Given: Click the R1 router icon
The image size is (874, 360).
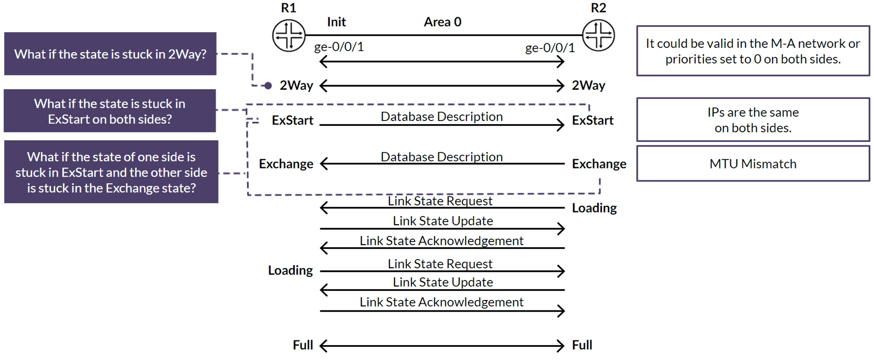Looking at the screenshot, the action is click(x=289, y=35).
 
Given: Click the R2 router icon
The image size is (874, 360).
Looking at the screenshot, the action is click(x=599, y=35).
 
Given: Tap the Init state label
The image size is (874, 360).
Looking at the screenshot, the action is click(x=336, y=22).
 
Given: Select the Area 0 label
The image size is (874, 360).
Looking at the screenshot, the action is click(x=442, y=22).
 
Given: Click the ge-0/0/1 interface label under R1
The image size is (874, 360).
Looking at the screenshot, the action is click(x=339, y=47).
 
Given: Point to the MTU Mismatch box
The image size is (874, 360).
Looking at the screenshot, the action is click(x=753, y=164).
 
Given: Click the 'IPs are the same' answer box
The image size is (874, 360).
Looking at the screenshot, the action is click(x=753, y=120).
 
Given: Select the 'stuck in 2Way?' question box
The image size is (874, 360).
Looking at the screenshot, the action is click(x=110, y=54).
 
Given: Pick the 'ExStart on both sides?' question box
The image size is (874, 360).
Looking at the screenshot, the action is click(x=110, y=111).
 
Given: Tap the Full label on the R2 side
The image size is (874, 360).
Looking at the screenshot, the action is click(x=582, y=345).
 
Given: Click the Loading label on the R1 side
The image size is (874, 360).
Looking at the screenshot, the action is click(x=290, y=270).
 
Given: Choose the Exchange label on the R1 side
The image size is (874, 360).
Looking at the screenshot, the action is click(x=286, y=164).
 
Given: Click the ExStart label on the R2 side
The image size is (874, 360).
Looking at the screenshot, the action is click(x=593, y=120).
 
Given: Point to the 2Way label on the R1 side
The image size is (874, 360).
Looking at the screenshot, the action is click(x=296, y=85).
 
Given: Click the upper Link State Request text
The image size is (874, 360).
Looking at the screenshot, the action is click(x=440, y=201).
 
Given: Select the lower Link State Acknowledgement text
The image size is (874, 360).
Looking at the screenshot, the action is click(x=442, y=302).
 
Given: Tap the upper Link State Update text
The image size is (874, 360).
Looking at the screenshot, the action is click(x=443, y=221).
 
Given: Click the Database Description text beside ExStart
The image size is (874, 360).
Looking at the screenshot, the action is click(x=442, y=117).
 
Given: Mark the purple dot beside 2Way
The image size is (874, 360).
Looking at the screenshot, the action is click(x=268, y=86).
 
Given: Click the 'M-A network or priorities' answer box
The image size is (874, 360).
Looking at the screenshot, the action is click(x=753, y=51).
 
